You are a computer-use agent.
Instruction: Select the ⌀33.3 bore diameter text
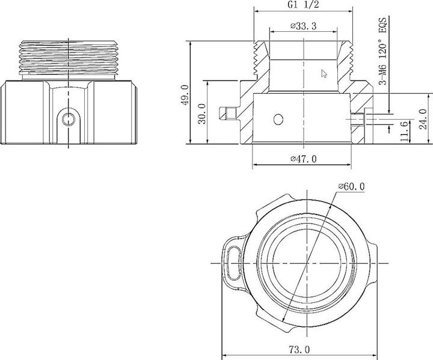pos(304,26)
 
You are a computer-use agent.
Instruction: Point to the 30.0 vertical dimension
pos(201,112)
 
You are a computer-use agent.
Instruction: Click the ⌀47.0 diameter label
pos(303,159)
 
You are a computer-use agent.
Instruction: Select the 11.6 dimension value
pos(404,131)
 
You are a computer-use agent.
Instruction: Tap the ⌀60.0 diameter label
pos(351,186)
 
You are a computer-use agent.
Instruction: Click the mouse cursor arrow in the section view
pos(324,74)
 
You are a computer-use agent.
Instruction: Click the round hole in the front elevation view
pos(70,118)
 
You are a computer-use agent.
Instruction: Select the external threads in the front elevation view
pos(70,57)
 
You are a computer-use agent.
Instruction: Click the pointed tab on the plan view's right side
pos(374,253)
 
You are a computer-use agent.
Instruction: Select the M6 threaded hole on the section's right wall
pos(358,118)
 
